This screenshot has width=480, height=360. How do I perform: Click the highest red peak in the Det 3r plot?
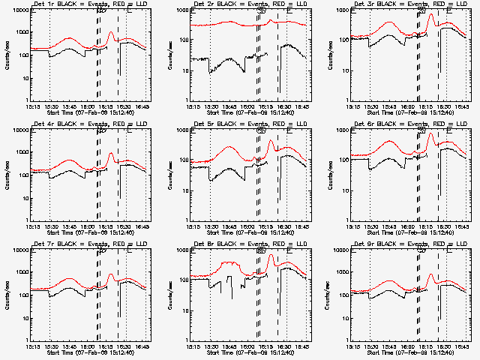pos(430,15)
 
